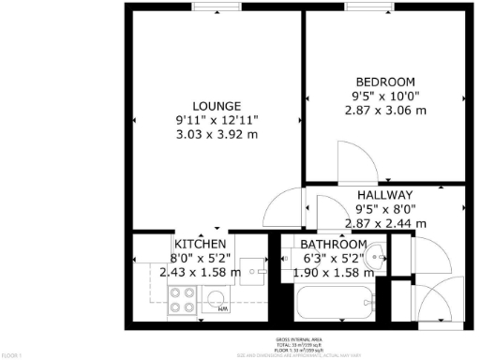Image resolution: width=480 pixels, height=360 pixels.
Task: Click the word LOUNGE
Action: [217, 106]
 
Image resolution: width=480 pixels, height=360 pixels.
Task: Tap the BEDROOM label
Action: [385, 80]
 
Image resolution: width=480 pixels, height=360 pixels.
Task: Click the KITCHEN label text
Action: [200, 244]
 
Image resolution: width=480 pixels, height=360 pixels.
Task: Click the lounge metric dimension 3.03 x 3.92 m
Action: [217, 135]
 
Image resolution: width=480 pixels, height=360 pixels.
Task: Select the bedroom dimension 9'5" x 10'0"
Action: [385, 95]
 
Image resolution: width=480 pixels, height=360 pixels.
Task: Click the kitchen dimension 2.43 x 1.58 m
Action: [200, 273]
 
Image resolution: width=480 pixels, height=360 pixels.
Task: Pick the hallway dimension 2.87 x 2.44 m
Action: [385, 223]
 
